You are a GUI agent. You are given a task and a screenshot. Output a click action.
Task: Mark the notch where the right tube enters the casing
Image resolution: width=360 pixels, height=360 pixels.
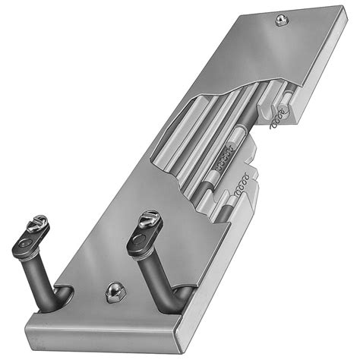click(x=184, y=292)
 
